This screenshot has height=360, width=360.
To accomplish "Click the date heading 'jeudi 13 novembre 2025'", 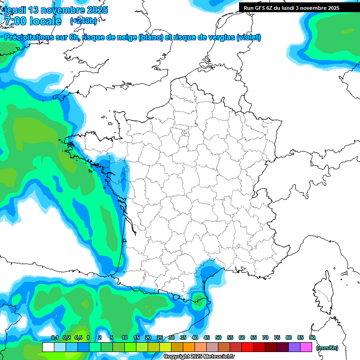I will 55,10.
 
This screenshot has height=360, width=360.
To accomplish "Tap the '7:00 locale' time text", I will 32,21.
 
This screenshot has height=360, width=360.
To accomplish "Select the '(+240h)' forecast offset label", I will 83,21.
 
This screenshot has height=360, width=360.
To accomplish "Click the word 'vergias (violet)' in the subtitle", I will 237,37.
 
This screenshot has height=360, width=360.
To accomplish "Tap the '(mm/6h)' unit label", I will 327,348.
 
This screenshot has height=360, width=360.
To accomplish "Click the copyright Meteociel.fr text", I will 199,357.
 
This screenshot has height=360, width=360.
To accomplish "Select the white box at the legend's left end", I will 48,347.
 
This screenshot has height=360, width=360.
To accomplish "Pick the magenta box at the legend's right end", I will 306,347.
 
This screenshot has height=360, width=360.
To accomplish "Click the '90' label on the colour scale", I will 312,338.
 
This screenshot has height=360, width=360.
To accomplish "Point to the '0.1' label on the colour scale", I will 54,338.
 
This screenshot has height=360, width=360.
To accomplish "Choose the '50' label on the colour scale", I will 218,338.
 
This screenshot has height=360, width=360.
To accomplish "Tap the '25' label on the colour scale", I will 160,338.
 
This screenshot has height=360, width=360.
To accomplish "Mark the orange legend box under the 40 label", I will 189,347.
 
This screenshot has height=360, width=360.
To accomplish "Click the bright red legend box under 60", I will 247,347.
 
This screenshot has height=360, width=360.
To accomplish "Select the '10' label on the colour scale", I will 125,338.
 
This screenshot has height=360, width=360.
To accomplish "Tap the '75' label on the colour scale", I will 277,338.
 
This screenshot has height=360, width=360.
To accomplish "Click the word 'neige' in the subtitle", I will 126,37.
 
